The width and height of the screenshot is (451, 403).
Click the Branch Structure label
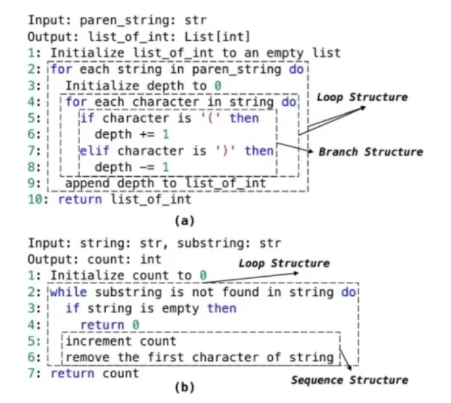pos(370,152)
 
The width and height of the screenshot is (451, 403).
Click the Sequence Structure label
pos(349,380)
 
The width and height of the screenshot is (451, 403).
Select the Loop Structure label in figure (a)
pos(362,97)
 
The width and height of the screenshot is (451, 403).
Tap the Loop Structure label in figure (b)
pos(283,264)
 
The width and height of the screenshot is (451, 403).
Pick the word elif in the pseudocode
pos(94,151)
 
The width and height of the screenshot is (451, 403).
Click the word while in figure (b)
pos(68,291)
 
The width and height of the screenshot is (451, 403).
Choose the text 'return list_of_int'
pos(125,199)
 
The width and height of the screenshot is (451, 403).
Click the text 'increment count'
pos(122,341)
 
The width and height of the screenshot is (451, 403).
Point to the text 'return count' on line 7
pos(95,373)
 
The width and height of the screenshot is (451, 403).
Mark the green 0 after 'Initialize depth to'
pos(217,85)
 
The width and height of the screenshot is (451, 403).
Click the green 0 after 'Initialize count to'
pos(203,275)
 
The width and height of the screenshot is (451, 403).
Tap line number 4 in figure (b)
pos(37,325)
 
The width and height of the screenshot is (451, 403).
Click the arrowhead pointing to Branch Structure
pos(310,153)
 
